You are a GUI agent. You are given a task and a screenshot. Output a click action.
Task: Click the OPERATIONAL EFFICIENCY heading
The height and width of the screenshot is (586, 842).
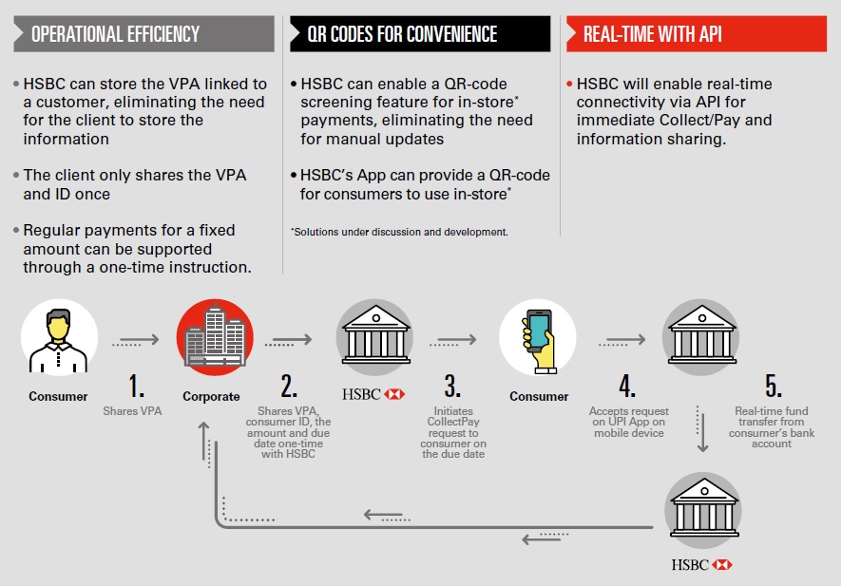pos(116,34)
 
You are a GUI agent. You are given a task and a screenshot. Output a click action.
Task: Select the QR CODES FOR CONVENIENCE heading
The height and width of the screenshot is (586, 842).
pos(402,34)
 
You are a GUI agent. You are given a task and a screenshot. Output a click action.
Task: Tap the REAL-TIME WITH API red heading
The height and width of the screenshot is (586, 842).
pos(652,34)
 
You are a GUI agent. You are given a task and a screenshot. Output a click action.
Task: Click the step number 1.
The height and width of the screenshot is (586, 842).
pos(136,386)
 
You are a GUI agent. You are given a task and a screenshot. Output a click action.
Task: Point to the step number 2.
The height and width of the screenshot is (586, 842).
pos(289,386)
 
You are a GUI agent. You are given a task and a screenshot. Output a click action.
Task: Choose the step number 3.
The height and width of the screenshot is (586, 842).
pos(452,386)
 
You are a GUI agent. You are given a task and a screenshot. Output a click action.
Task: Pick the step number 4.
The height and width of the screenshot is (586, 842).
pos(627,386)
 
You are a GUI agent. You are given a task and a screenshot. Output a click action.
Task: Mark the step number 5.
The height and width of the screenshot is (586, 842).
pos(773,386)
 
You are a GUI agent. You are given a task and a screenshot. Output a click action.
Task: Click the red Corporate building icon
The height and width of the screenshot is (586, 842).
pos(215,338)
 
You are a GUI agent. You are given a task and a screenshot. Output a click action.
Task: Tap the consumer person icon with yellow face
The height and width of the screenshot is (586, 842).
pos(59,338)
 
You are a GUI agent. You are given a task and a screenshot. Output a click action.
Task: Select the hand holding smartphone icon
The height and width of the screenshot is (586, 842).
pos(538,338)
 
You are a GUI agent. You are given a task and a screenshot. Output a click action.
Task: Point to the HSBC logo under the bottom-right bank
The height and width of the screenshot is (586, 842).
pos(702,564)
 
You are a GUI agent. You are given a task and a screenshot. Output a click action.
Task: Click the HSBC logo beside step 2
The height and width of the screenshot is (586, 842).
pos(372,394)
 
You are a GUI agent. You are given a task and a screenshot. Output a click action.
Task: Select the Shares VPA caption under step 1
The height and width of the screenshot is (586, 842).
pos(134,411)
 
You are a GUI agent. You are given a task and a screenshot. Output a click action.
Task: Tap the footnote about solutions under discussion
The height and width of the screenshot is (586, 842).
pos(399,232)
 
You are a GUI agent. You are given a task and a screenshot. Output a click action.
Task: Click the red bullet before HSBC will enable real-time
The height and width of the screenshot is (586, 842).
pos(568,84)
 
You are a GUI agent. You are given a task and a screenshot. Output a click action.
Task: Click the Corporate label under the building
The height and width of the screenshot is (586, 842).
pos(211,396)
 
